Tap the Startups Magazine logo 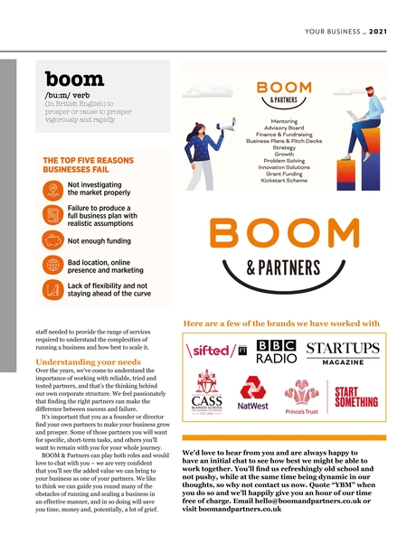343,352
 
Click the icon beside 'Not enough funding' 53,240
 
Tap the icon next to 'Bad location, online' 53,265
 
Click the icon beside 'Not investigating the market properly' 53,190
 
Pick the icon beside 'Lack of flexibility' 53,289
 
